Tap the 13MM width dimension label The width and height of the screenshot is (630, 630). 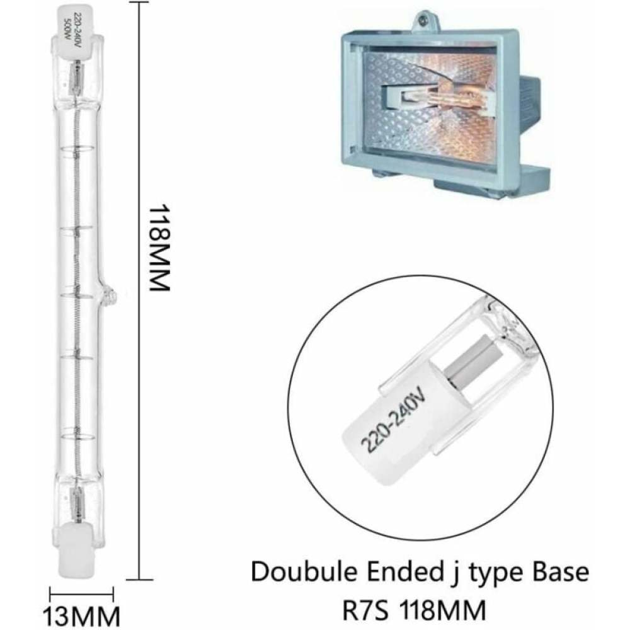(81, 616)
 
